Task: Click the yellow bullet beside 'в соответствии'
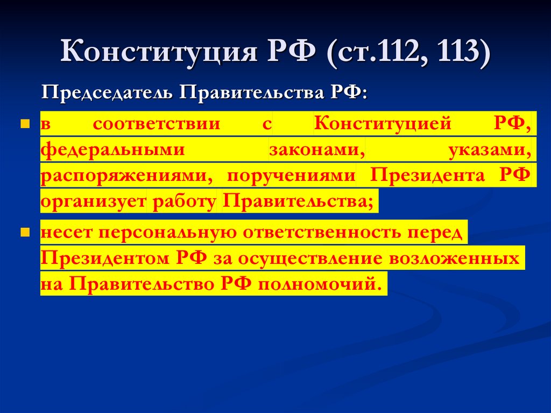tap(24, 124)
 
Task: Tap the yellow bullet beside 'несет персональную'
tap(24, 233)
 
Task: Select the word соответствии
tap(157, 124)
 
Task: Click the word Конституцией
tap(383, 124)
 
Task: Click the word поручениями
tap(291, 176)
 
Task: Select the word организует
tap(93, 201)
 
